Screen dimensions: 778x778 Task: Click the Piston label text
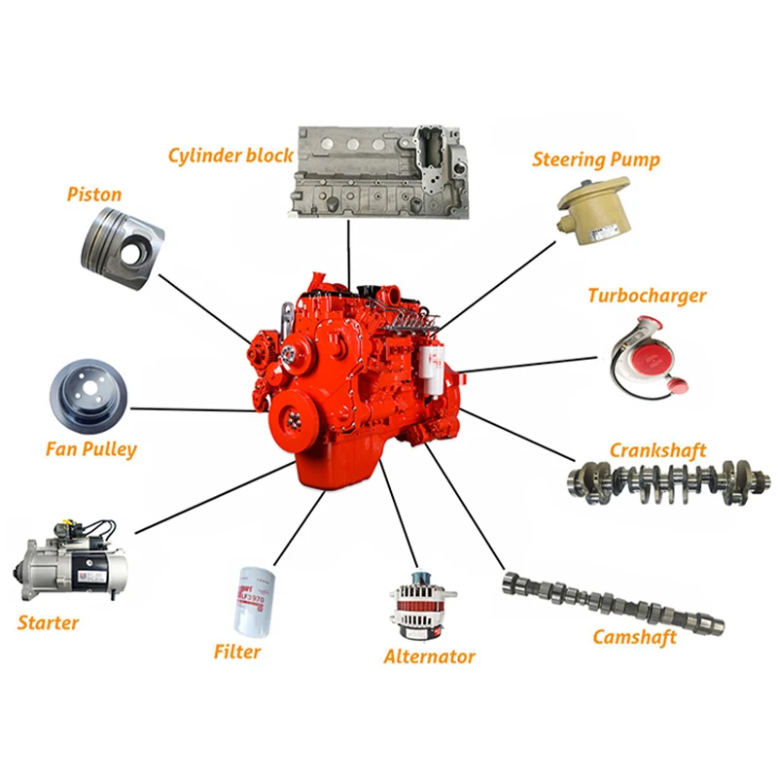[94, 194]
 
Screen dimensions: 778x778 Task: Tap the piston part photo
[123, 248]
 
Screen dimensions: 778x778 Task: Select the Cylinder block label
[230, 156]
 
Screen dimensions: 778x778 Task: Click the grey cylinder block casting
[378, 172]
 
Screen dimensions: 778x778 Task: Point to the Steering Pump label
[596, 159]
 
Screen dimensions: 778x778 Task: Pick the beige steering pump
[594, 210]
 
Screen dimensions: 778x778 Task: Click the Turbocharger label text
[647, 296]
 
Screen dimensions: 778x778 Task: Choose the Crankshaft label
[657, 450]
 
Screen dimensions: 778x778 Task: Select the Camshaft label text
[635, 637]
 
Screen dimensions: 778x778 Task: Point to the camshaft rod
[614, 602]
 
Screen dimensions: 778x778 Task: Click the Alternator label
[429, 656]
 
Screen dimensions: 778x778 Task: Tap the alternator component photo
[423, 606]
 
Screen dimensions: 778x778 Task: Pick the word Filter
[236, 652]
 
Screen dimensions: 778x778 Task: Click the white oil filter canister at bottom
[255, 601]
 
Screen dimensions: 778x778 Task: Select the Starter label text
[48, 622]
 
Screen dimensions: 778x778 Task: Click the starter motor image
[69, 560]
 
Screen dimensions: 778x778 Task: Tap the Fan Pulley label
[91, 449]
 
